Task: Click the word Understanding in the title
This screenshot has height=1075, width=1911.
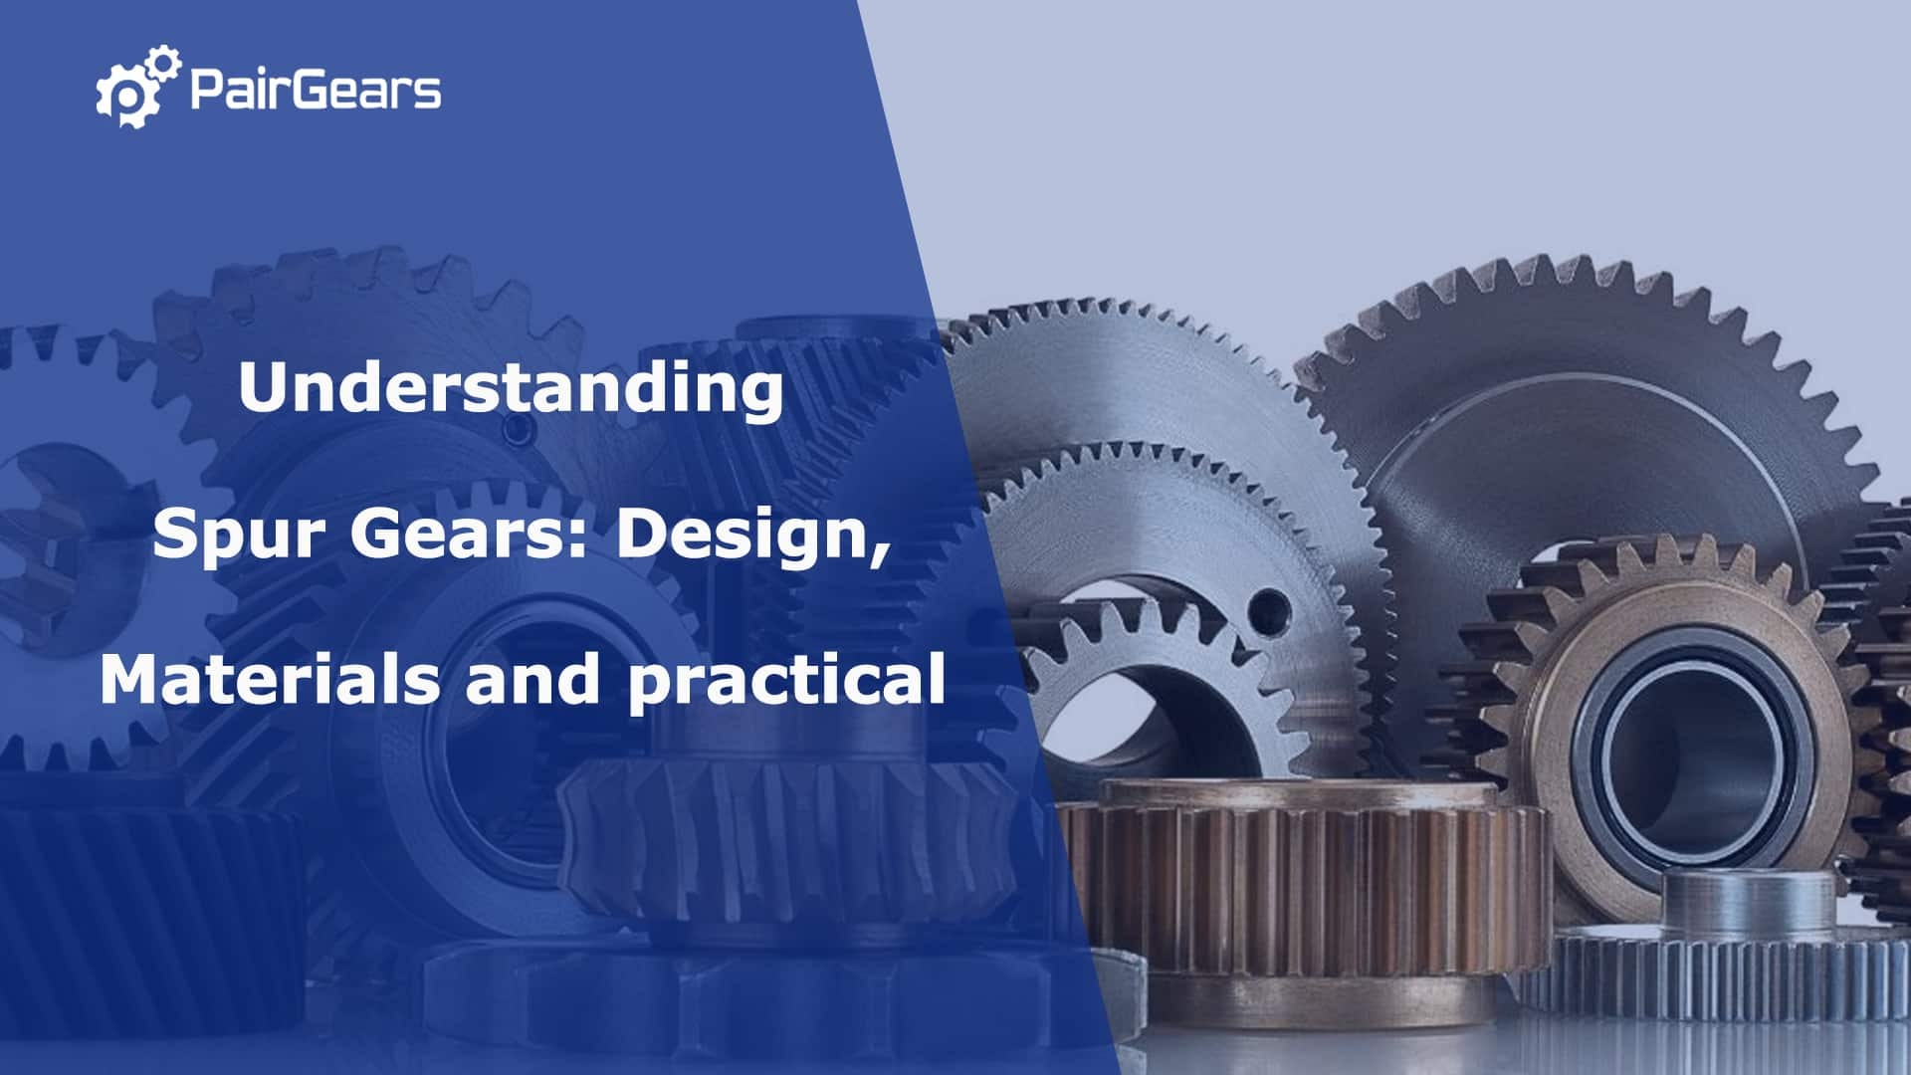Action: click(x=511, y=388)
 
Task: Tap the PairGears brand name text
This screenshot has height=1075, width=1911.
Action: click(x=315, y=90)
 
